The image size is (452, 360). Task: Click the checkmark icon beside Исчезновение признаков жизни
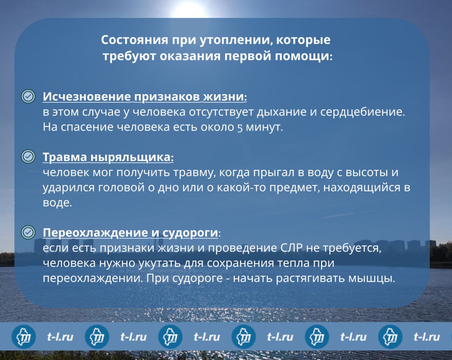28,96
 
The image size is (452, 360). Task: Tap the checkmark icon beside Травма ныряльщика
28,156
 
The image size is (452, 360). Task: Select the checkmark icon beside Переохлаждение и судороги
28,232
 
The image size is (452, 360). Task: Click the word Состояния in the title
135,40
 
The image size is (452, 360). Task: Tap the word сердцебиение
363,112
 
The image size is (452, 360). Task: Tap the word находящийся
362,188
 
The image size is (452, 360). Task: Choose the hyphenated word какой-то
241,187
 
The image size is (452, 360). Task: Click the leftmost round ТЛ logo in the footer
24,337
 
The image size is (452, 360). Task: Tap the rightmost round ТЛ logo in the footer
390,337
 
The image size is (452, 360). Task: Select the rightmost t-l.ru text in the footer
427,337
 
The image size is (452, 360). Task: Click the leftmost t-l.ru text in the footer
60,337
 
